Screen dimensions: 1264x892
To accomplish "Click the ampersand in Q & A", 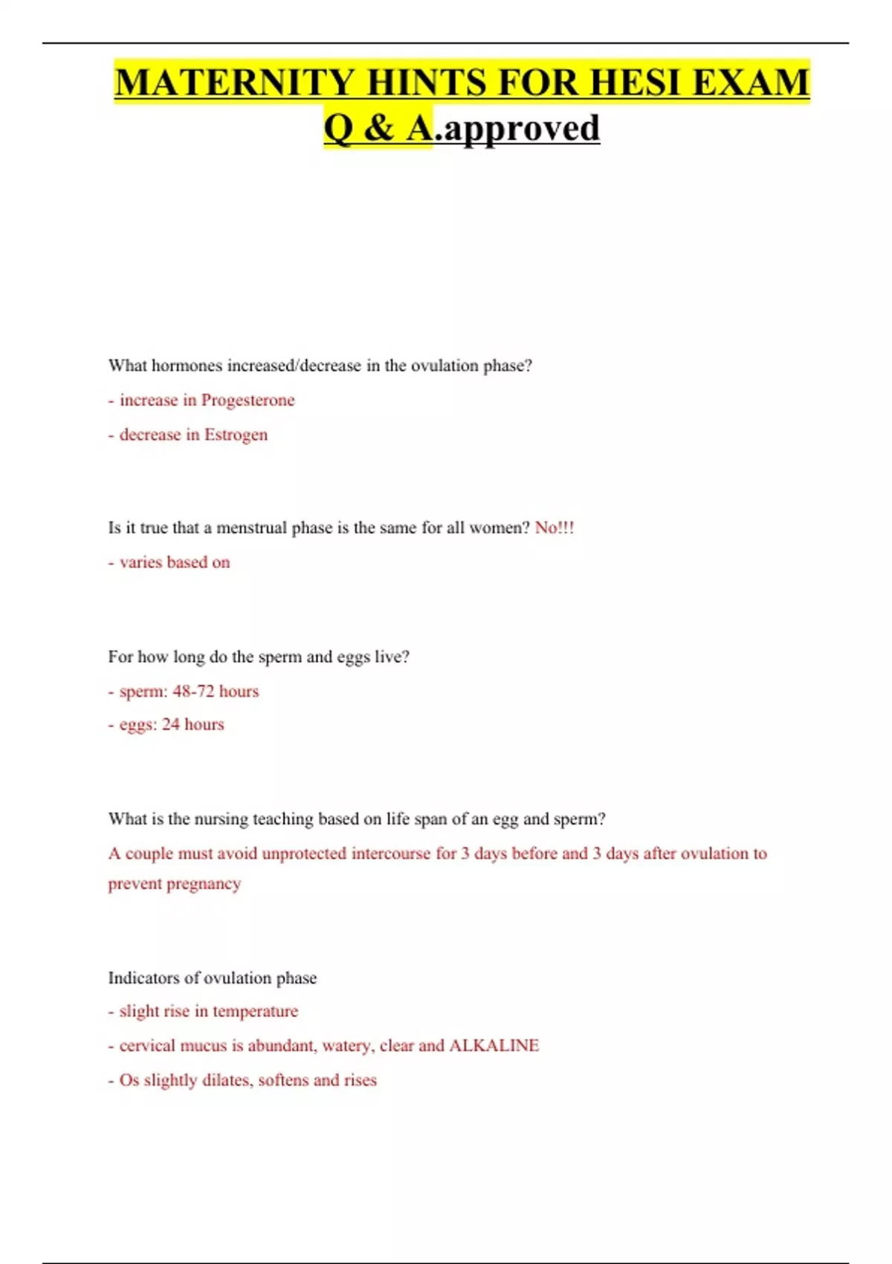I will tap(379, 128).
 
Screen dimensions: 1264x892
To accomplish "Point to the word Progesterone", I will tap(248, 400).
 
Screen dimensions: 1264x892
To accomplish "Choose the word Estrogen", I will tap(236, 434).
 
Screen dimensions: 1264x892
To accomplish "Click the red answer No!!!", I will tap(555, 528).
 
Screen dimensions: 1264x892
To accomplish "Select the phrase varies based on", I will tap(175, 562).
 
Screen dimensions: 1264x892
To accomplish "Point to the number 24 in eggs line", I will tap(171, 724).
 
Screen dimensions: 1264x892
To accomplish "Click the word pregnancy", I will tap(204, 884).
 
